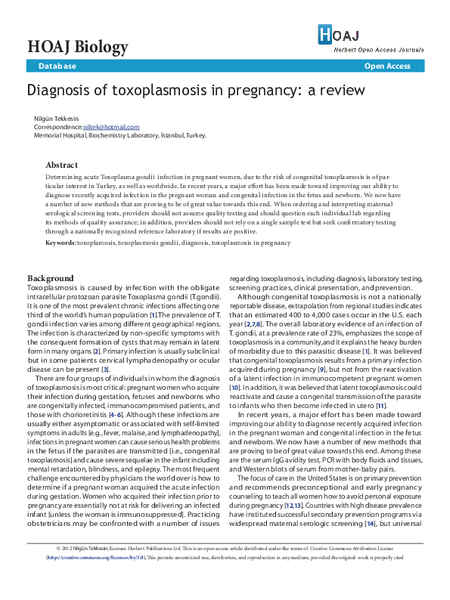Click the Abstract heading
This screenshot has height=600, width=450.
[x=61, y=165]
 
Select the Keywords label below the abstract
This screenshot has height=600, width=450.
[x=60, y=243]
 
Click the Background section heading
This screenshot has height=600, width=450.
[x=51, y=278]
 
